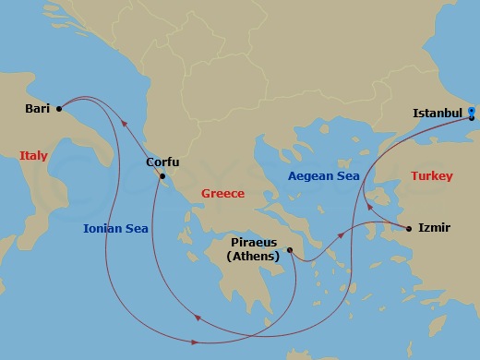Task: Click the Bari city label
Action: click(x=38, y=108)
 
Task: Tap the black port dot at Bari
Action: click(x=59, y=108)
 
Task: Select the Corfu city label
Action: click(x=162, y=162)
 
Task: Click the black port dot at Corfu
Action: click(x=162, y=176)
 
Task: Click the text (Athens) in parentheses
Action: click(x=254, y=257)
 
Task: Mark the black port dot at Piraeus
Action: click(x=289, y=249)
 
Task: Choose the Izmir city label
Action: click(x=434, y=226)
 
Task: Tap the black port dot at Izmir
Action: click(x=408, y=226)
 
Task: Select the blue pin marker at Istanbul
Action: click(x=472, y=114)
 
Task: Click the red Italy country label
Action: click(x=33, y=156)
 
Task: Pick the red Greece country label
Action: click(x=222, y=194)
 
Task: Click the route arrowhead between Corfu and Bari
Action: click(x=125, y=129)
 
